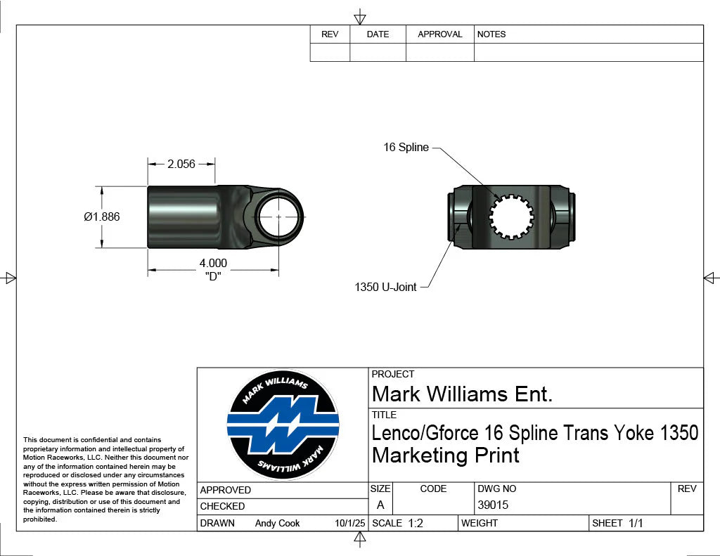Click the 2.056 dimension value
[181, 164]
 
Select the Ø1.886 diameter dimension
[102, 216]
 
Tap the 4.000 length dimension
[214, 264]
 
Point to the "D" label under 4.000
[213, 276]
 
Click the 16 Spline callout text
[406, 148]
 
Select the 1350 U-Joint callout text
[385, 287]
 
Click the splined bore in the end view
[513, 216]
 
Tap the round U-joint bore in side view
[278, 216]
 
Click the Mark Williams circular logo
[283, 424]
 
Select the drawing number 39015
[493, 505]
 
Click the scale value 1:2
[416, 523]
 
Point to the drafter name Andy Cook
[277, 523]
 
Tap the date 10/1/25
[350, 523]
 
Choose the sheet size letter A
[380, 505]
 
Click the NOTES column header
[491, 34]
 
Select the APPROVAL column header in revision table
[440, 34]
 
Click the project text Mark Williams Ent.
[462, 394]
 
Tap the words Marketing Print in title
[446, 455]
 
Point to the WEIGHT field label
[480, 523]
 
